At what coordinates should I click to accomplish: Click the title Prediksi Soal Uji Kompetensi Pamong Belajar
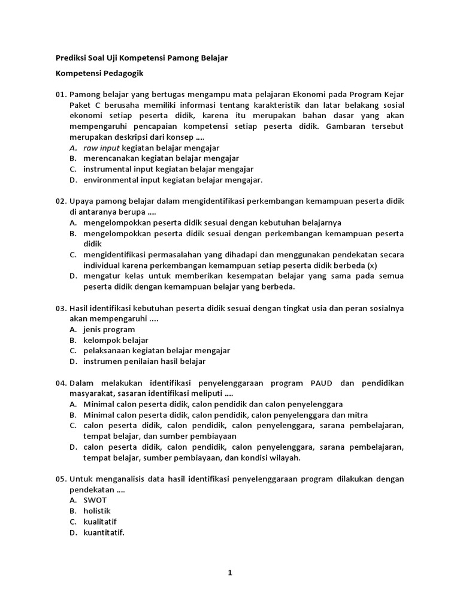[x=141, y=58]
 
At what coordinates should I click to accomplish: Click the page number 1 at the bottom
[x=229, y=573]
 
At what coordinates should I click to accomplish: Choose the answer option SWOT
[x=95, y=500]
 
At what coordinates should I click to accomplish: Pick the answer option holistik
[x=97, y=511]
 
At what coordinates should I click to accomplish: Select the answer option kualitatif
[x=100, y=522]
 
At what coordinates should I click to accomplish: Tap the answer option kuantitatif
[x=104, y=532]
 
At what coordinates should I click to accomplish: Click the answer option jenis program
[x=110, y=329]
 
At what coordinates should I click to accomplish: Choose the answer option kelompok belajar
[x=116, y=340]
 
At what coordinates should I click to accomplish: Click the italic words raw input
[x=102, y=148]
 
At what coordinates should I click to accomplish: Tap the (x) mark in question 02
[x=372, y=265]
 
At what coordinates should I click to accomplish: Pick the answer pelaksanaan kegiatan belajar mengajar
[x=157, y=351]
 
